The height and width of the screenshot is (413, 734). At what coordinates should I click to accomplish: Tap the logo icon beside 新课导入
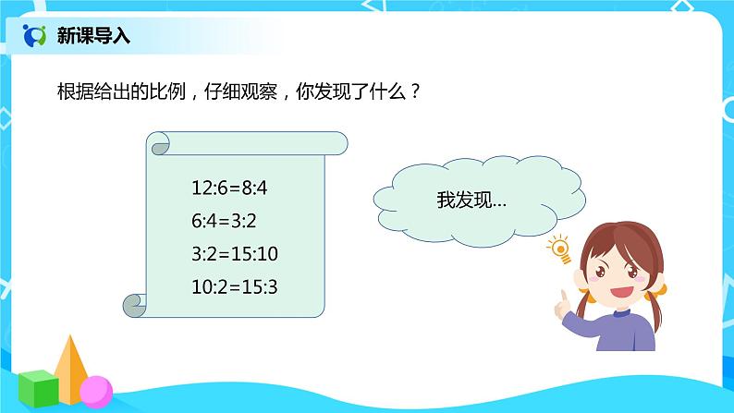point(35,36)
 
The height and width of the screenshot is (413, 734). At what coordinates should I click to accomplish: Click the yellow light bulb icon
point(559,247)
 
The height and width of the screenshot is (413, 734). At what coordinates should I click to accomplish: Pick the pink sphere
point(95,390)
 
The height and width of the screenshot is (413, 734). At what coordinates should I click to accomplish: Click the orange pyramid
point(71,364)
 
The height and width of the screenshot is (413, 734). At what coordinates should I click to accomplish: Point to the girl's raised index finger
point(558,297)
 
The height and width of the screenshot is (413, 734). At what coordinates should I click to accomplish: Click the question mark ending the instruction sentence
point(416,93)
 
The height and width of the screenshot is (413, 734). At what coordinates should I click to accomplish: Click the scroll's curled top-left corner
point(159,143)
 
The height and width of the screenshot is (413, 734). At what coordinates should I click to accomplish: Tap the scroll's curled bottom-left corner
point(135,303)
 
